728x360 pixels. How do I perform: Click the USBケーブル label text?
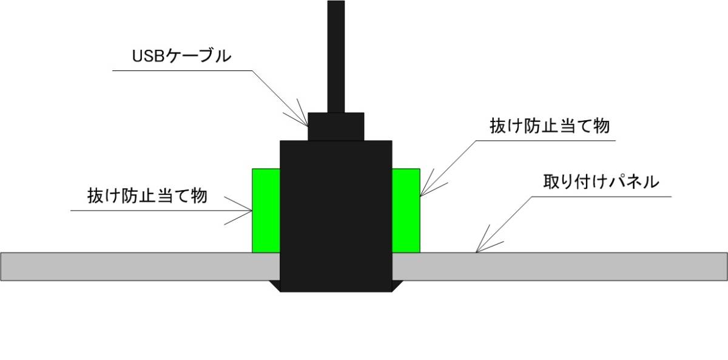pyautogui.click(x=181, y=56)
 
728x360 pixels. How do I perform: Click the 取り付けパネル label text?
pyautogui.click(x=601, y=182)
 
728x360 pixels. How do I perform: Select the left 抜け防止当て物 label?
pyautogui.click(x=147, y=196)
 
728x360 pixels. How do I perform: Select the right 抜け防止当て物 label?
pyautogui.click(x=549, y=126)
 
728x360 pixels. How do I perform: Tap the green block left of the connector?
pyautogui.click(x=266, y=210)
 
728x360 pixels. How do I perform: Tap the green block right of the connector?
pyautogui.click(x=406, y=210)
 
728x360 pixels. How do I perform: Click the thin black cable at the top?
pyautogui.click(x=335, y=55)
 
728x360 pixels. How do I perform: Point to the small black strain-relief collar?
pyautogui.click(x=335, y=126)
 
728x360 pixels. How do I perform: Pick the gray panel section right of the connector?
pyautogui.click(x=558, y=267)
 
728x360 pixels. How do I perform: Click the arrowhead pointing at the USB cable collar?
pyautogui.click(x=303, y=119)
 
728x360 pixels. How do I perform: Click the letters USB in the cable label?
pyautogui.click(x=146, y=56)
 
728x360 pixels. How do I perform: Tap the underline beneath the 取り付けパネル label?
pyautogui.click(x=601, y=197)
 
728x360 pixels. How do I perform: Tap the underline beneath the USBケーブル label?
pyautogui.click(x=182, y=71)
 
